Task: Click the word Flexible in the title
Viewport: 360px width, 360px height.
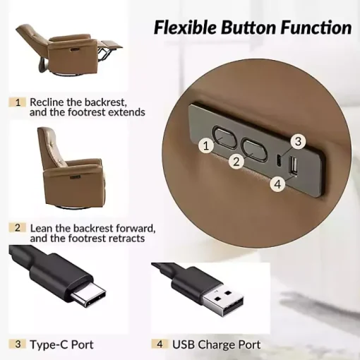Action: [x=185, y=28]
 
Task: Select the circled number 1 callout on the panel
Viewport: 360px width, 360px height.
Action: [x=206, y=146]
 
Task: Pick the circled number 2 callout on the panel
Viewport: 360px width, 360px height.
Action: [x=236, y=162]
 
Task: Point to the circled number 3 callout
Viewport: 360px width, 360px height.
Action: [x=298, y=141]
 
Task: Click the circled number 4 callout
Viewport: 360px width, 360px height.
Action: [x=278, y=184]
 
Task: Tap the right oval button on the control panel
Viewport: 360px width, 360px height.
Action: [x=254, y=150]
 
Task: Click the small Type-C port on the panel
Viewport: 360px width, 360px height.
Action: [x=278, y=160]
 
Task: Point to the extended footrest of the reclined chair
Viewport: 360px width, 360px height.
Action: [x=110, y=45]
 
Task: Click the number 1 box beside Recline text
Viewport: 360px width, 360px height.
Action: [x=18, y=102]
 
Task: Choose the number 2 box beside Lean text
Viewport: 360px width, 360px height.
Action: [x=18, y=228]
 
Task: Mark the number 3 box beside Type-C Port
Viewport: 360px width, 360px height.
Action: [x=18, y=344]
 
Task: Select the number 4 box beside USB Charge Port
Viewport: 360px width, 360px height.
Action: [x=160, y=344]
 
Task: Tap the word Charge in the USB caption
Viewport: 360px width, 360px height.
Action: [x=217, y=345]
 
